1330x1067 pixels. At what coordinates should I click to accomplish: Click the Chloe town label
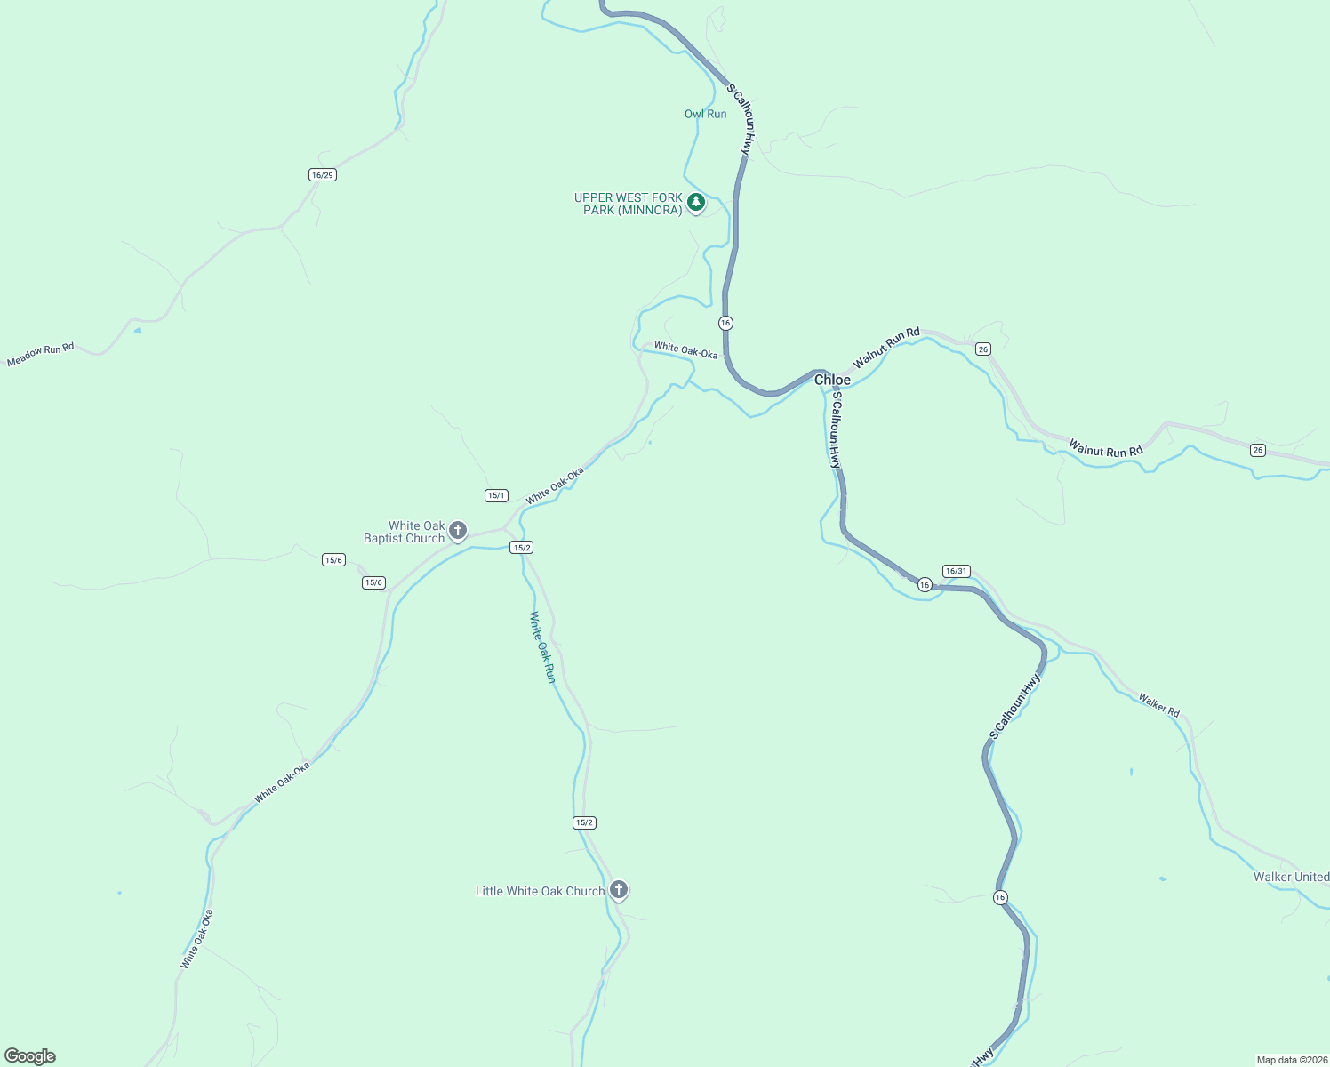point(832,380)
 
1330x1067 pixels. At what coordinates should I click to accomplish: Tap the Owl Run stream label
point(705,114)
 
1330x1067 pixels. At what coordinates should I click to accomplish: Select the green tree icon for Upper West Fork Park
point(696,202)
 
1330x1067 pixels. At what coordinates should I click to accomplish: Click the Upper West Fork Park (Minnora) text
point(628,204)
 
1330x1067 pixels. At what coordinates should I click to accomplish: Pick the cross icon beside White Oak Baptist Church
point(458,532)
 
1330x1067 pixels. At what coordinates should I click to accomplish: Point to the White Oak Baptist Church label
point(405,532)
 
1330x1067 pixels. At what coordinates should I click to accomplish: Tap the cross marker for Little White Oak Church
point(619,889)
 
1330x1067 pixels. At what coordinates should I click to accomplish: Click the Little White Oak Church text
point(540,891)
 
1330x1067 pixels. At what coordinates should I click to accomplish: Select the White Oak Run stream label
point(542,646)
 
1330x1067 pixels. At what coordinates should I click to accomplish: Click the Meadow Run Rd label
point(40,355)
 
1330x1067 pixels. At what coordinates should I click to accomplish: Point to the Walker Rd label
point(1158,705)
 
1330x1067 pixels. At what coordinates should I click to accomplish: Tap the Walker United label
point(1291,877)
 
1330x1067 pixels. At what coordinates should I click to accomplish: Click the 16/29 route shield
point(323,175)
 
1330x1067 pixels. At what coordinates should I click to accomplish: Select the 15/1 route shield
point(496,495)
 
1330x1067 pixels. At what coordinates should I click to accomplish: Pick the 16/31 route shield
point(957,571)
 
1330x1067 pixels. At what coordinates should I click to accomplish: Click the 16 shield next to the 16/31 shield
point(925,584)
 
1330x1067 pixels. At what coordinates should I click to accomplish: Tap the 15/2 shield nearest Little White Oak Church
point(584,822)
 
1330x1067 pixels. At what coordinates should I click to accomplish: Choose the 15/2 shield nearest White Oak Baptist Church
point(522,548)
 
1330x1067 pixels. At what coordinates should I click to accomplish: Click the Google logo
point(30,1056)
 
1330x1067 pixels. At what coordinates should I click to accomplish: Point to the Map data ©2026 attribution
point(1291,1060)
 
